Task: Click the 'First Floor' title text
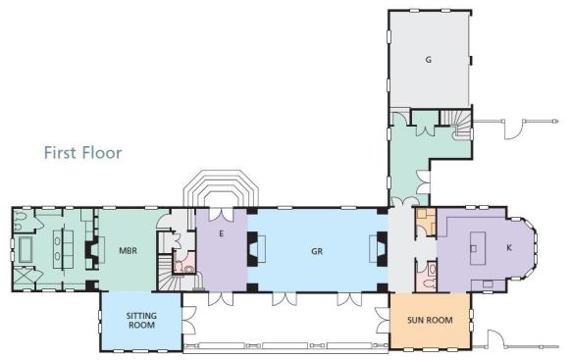(x=82, y=153)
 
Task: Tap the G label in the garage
(x=429, y=60)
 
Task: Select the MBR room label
(x=128, y=250)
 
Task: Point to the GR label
(x=317, y=251)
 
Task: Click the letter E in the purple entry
(x=221, y=233)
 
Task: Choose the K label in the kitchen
(x=509, y=247)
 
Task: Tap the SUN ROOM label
(x=430, y=321)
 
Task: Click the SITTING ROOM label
(x=141, y=321)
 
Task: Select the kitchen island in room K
(x=478, y=248)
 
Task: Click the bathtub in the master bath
(x=26, y=249)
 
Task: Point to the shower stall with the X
(x=24, y=279)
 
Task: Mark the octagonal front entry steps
(x=221, y=188)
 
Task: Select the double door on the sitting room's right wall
(x=188, y=321)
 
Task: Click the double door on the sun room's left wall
(x=383, y=321)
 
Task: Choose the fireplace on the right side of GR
(x=379, y=249)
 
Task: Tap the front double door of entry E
(x=221, y=215)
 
